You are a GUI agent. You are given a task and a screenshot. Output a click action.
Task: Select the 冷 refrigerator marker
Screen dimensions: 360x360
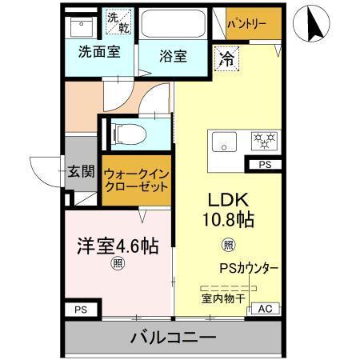227,58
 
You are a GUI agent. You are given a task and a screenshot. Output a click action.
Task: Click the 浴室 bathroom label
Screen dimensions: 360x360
173,57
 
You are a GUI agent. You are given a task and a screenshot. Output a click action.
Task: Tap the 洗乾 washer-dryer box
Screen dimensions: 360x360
119,22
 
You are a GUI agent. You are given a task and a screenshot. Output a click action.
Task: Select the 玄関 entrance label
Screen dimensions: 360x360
80,171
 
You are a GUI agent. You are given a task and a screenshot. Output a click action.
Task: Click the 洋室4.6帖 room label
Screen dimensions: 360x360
118,246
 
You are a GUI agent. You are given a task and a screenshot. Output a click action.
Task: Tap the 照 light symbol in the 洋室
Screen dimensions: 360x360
118,264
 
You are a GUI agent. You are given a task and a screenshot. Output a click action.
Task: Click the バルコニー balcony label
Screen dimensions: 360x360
173,338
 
